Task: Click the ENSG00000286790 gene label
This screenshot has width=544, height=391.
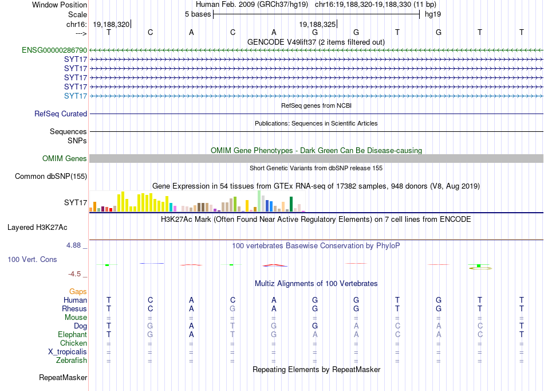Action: tap(54, 50)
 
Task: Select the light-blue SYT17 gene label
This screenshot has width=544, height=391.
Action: tap(76, 96)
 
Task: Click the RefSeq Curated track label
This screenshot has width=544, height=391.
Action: tap(61, 114)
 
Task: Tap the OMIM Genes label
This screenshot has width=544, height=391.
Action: tap(65, 159)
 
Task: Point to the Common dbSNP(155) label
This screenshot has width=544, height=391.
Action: tap(51, 177)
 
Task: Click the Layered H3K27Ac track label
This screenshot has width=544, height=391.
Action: tap(37, 228)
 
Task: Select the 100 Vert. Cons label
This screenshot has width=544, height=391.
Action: tap(32, 259)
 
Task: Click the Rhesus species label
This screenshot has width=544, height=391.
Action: tap(74, 308)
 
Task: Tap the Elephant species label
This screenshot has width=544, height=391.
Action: tap(73, 334)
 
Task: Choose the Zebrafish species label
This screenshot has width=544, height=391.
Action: tap(72, 361)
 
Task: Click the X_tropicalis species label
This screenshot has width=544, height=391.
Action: tap(68, 352)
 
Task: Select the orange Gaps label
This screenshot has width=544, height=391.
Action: tap(78, 292)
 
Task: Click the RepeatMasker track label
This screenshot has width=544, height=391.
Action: tap(63, 377)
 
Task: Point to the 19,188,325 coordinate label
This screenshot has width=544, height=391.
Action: tap(317, 24)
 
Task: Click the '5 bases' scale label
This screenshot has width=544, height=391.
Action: tap(198, 14)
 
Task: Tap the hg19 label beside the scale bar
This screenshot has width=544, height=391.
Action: tap(433, 14)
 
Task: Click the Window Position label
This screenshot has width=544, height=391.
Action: tap(60, 5)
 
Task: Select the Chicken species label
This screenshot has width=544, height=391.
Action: tap(73, 343)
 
